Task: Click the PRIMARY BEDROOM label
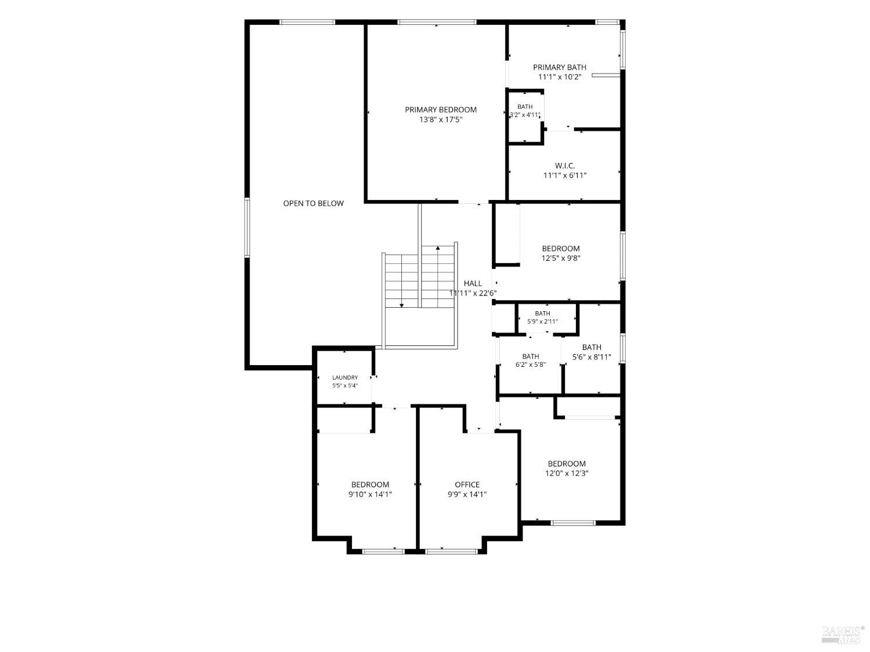point(440,110)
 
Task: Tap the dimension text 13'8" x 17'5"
point(441,119)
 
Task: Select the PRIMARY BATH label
point(559,67)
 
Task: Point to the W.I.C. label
point(565,166)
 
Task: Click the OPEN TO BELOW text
point(313,203)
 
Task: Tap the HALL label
point(473,283)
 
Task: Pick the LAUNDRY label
point(345,378)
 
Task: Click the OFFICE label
point(467,485)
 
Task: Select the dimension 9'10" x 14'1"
point(370,494)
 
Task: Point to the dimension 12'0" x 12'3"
point(567,473)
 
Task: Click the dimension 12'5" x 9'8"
point(561,258)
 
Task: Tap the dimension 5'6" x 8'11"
point(592,357)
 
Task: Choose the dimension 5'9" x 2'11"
point(542,322)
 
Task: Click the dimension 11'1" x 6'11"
point(565,176)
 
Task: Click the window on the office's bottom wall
point(451,552)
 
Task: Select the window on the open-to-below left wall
point(247,228)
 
